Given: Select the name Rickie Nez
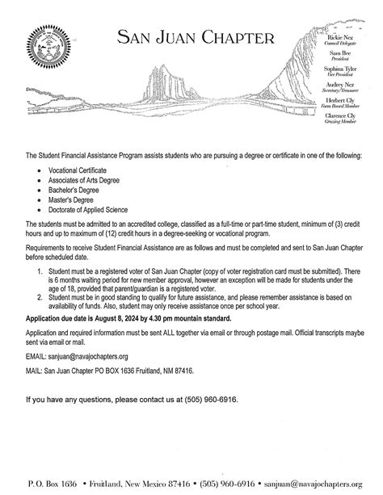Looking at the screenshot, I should click(x=344, y=39).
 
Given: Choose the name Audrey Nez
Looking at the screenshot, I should click(x=345, y=83).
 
